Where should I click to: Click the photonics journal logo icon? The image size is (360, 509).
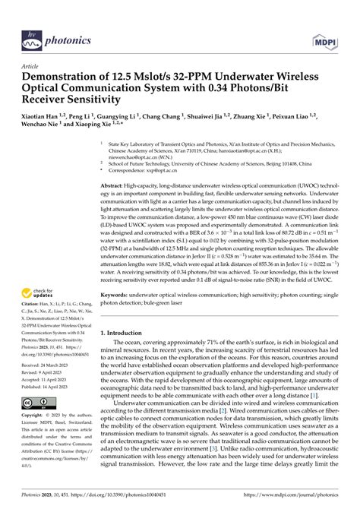(32, 15)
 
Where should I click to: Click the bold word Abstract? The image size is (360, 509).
(116, 185)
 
